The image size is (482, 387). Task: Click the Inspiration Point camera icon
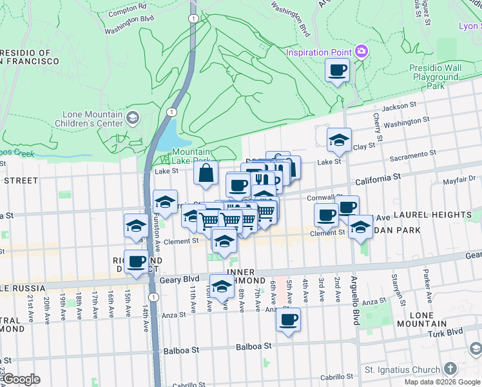point(361,52)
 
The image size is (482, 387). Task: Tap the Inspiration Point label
point(319,52)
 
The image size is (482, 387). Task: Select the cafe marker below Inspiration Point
point(337,70)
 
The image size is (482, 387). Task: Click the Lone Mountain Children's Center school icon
point(132,117)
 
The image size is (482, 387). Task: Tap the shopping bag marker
point(206,174)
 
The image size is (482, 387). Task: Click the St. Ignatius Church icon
point(450,370)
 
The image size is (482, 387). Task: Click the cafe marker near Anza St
point(288,319)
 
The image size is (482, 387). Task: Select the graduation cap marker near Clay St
point(339,139)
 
